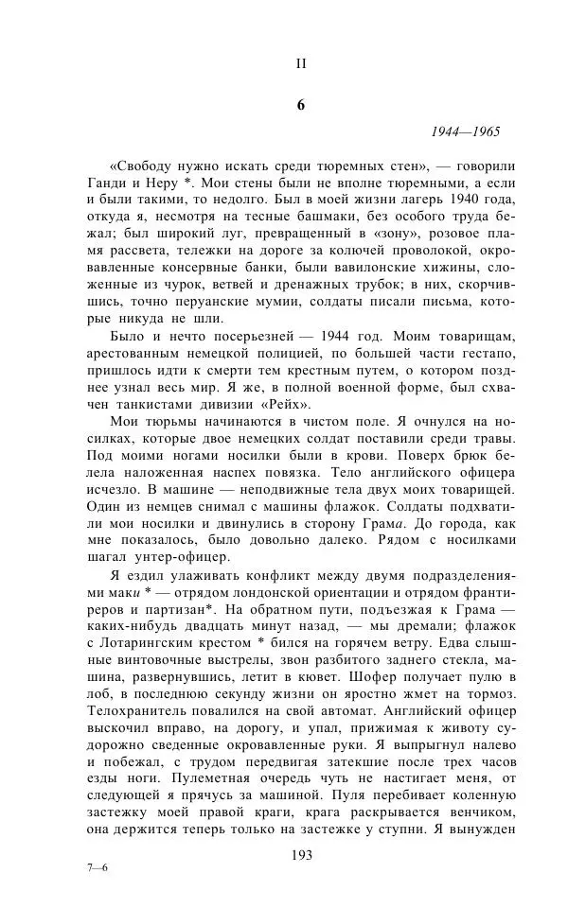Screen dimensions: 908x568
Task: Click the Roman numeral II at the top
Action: point(301,63)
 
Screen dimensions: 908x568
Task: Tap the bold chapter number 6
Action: point(301,105)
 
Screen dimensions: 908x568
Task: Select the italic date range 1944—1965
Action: point(466,132)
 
